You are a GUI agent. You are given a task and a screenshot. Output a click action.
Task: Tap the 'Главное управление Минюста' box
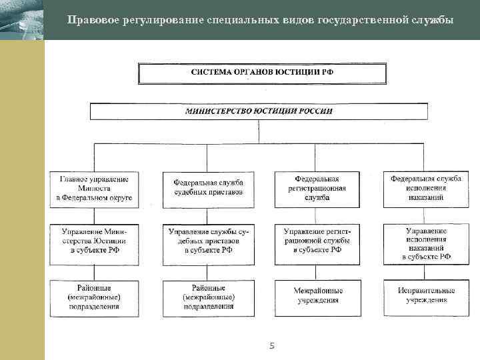point(94,189)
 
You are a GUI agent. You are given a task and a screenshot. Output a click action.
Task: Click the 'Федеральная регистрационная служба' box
point(317,188)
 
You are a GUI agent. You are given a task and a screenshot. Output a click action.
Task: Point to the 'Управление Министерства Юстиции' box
point(94,240)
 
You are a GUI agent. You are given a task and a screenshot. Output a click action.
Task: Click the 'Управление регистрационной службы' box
point(317,240)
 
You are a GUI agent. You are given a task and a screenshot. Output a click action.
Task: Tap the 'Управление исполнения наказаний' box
point(426,243)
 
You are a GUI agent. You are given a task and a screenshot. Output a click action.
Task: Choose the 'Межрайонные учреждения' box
point(317,295)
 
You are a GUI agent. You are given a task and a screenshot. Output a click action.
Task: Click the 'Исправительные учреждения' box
point(426,295)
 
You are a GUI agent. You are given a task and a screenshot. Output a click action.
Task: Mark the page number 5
point(271,345)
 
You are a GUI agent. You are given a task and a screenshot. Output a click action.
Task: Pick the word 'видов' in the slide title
point(291,19)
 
